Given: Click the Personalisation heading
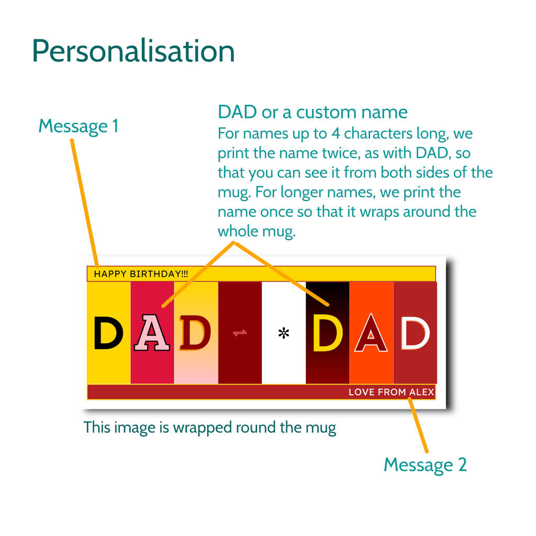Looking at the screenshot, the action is (x=133, y=52).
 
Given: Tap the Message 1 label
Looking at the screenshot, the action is (x=79, y=126).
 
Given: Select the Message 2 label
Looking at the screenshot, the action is (x=425, y=465).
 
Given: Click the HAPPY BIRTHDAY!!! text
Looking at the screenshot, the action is (x=141, y=274).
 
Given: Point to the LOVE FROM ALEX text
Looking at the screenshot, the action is (x=391, y=392).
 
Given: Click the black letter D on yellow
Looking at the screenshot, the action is (x=108, y=333).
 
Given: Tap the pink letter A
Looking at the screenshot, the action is (x=152, y=333).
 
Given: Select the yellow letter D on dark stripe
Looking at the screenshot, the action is (x=328, y=332).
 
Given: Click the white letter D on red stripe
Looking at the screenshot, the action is (x=415, y=333).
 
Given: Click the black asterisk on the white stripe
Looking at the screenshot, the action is (x=284, y=333).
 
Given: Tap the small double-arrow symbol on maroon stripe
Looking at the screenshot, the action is (x=240, y=332).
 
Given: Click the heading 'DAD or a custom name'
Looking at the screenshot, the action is (x=313, y=112).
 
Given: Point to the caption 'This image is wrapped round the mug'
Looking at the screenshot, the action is (x=210, y=428).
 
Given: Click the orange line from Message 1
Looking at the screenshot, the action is (x=85, y=203).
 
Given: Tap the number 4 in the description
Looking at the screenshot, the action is (x=336, y=133).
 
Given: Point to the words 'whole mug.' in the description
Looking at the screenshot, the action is (x=256, y=231).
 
